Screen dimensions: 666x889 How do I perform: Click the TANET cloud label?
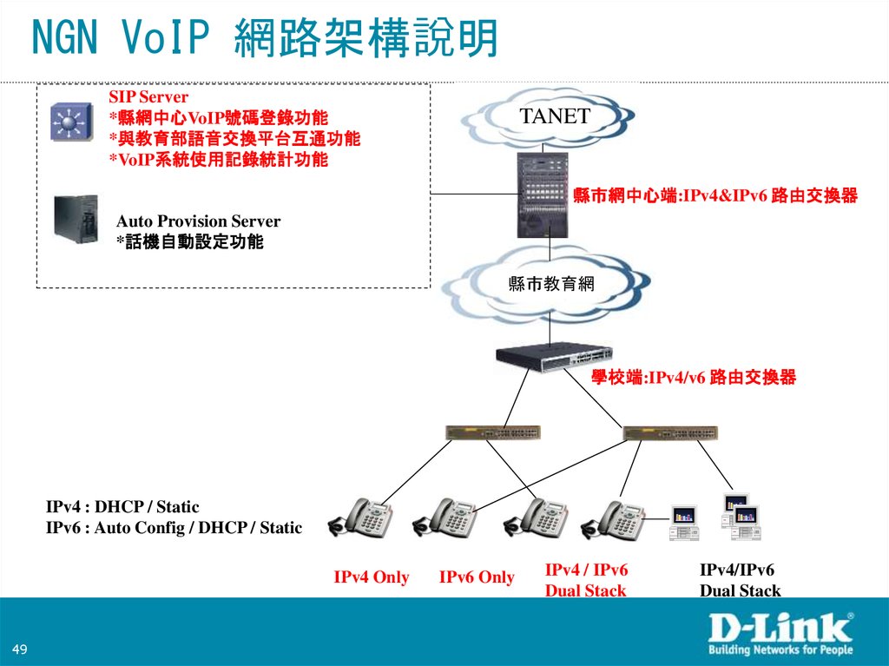click(x=555, y=117)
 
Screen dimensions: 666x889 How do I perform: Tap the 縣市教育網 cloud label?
click(x=550, y=283)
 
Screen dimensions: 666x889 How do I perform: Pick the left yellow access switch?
click(x=492, y=432)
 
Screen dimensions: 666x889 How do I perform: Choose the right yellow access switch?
click(x=670, y=432)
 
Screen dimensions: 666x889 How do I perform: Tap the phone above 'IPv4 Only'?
click(x=365, y=518)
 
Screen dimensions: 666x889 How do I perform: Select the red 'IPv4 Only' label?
click(x=371, y=577)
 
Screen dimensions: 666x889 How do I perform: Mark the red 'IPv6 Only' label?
click(x=477, y=577)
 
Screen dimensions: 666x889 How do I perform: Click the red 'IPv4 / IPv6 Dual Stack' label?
click(x=586, y=580)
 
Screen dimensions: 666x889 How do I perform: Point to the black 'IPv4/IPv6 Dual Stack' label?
click(x=740, y=580)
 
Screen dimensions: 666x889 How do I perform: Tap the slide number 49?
click(x=21, y=650)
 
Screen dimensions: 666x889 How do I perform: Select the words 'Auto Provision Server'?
click(x=198, y=221)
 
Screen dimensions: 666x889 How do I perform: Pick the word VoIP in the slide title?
click(x=166, y=38)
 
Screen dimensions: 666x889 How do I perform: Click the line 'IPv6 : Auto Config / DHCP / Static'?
click(x=174, y=527)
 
